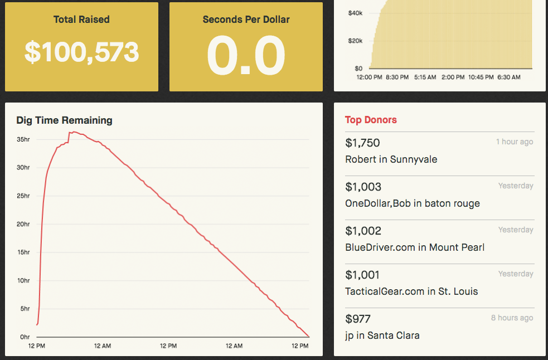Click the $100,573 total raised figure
[x=81, y=52]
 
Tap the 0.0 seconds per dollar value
[x=246, y=55]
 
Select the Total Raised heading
[x=81, y=20]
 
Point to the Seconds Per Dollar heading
[x=246, y=20]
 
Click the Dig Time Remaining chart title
[x=64, y=120]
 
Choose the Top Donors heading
[x=371, y=120]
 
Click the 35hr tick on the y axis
[x=23, y=139]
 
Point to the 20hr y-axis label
[x=23, y=224]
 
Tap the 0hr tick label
[x=25, y=337]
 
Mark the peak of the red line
[x=74, y=132]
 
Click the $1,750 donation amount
[x=362, y=143]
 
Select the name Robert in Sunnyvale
[x=391, y=159]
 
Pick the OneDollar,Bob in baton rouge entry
[x=413, y=203]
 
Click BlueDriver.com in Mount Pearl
[x=415, y=247]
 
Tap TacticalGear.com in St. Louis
[x=411, y=291]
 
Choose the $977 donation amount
[x=358, y=319]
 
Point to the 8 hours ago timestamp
[x=512, y=318]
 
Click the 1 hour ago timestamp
[x=515, y=142]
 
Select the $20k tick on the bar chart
[x=355, y=41]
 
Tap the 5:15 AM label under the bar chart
[x=425, y=77]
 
